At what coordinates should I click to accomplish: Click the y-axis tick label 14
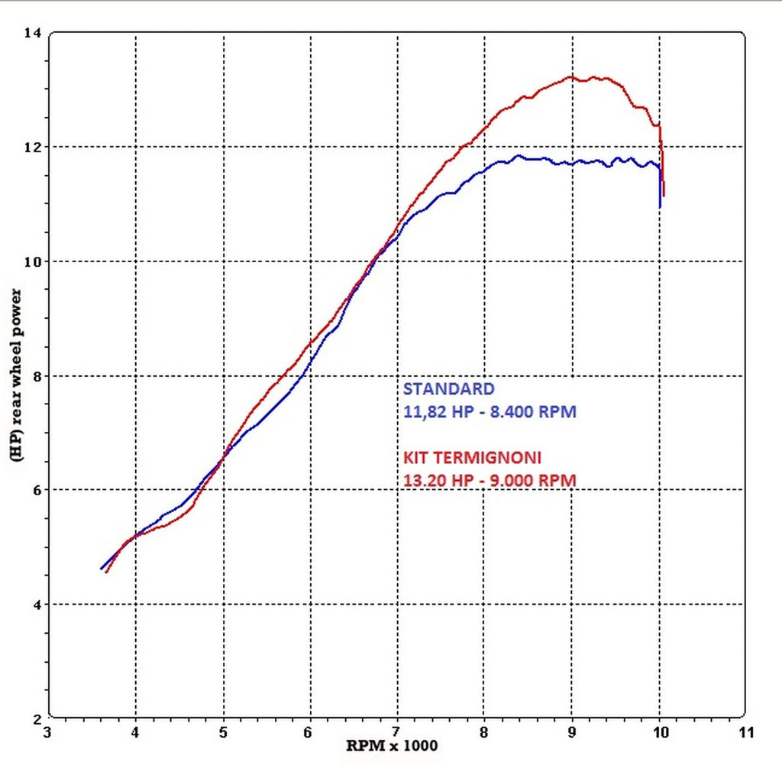pyautogui.click(x=33, y=33)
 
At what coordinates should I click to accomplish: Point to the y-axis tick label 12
pyautogui.click(x=33, y=147)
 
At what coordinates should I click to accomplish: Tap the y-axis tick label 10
pyautogui.click(x=33, y=261)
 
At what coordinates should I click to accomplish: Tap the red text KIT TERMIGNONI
pyautogui.click(x=472, y=458)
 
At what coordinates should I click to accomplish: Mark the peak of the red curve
pyautogui.click(x=570, y=76)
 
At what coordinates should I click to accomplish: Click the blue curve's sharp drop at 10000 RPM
pyautogui.click(x=660, y=191)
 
